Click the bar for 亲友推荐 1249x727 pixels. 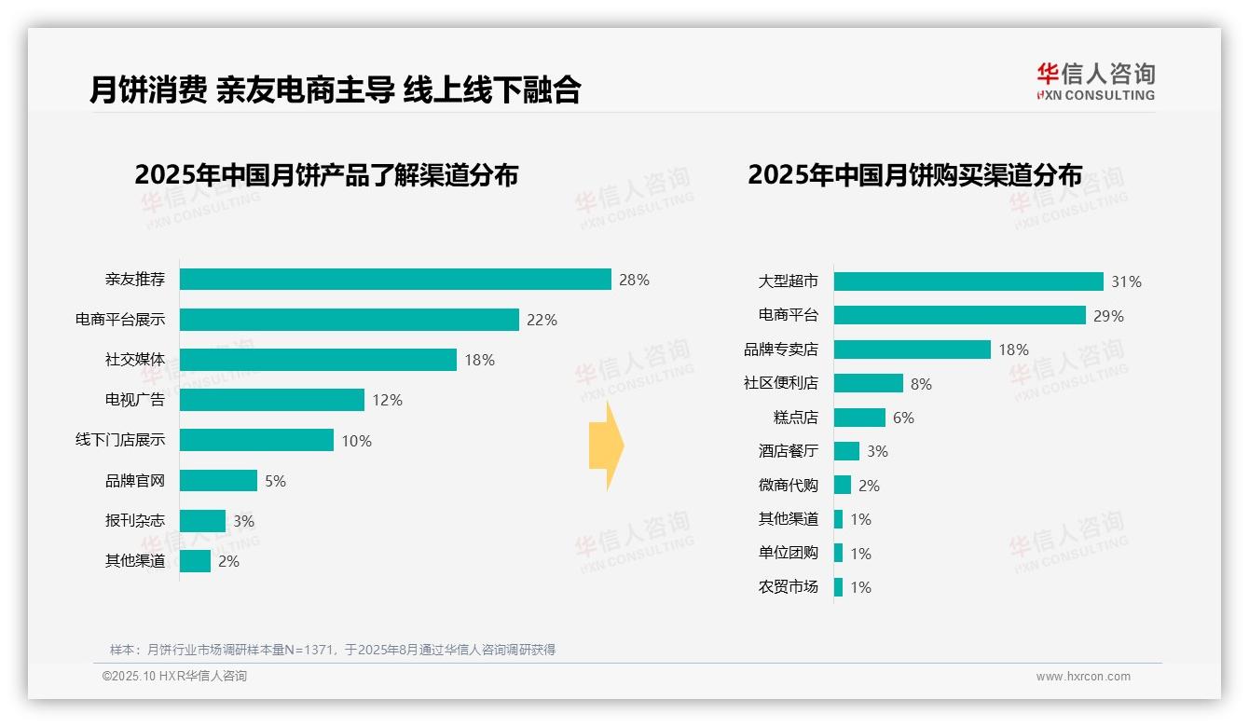pyautogui.click(x=395, y=280)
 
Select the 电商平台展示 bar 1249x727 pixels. pyautogui.click(x=349, y=320)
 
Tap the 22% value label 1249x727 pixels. pyautogui.click(x=542, y=320)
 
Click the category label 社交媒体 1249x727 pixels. pyautogui.click(x=135, y=360)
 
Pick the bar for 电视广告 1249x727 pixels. pyautogui.click(x=271, y=400)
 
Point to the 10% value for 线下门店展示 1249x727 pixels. pyautogui.click(x=356, y=441)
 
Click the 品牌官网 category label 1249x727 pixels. pyautogui.click(x=135, y=481)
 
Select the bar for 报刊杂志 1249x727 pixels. pyautogui.click(x=202, y=521)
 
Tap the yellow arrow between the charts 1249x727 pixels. pyautogui.click(x=606, y=446)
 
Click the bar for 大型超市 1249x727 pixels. pyautogui.click(x=968, y=281)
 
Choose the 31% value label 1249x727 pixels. pyautogui.click(x=1126, y=281)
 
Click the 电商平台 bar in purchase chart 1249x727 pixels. pyautogui.click(x=959, y=315)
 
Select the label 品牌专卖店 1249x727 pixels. pyautogui.click(x=781, y=350)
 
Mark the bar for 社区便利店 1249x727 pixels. pyautogui.click(x=868, y=383)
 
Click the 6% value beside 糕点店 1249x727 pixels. pyautogui.click(x=903, y=418)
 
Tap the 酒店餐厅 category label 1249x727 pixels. pyautogui.click(x=789, y=451)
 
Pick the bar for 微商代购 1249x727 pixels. pyautogui.click(x=843, y=485)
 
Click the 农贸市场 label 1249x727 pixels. pyautogui.click(x=789, y=587)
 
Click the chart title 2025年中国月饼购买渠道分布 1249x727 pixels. pyautogui.click(x=914, y=175)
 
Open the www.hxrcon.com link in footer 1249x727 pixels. pyautogui.click(x=1082, y=677)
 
